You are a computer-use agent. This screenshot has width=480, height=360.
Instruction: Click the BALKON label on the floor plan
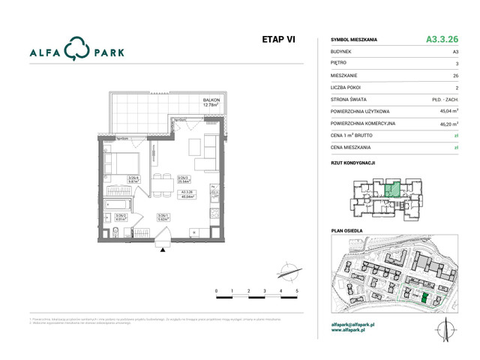click(211, 100)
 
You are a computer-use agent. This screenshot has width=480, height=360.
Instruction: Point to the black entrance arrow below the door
click(160, 253)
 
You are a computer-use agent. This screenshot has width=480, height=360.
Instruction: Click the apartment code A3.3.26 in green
click(442, 39)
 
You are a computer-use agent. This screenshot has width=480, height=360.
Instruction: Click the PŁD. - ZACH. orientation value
click(442, 99)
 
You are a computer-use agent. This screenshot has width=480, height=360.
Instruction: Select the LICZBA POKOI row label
click(350, 87)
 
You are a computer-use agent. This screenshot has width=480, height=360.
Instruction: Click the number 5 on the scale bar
click(297, 289)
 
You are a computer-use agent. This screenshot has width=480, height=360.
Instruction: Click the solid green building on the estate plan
click(424, 299)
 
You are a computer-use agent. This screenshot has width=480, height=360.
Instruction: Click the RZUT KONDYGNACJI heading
click(352, 162)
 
